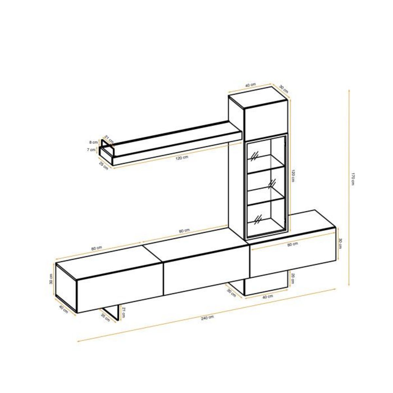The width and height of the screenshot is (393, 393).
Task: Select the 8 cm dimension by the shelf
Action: (x=94, y=142)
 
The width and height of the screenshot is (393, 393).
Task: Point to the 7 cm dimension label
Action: (x=93, y=150)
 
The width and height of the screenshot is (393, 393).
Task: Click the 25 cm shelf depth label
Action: (x=103, y=166)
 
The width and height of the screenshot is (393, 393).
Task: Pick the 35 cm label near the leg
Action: (x=105, y=318)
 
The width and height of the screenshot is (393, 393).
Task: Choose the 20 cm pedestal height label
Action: (x=292, y=278)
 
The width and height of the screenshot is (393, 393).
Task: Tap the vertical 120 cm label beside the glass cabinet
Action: (x=293, y=177)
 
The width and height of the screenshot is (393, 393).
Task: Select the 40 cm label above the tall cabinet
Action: (x=251, y=85)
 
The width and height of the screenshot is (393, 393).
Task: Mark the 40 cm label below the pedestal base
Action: (x=268, y=297)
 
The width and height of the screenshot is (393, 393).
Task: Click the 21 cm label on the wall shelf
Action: (x=109, y=139)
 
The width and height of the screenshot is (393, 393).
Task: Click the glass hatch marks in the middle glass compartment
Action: (x=272, y=183)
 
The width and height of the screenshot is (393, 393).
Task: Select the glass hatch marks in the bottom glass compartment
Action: (x=258, y=218)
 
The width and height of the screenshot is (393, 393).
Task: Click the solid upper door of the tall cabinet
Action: (x=266, y=119)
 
